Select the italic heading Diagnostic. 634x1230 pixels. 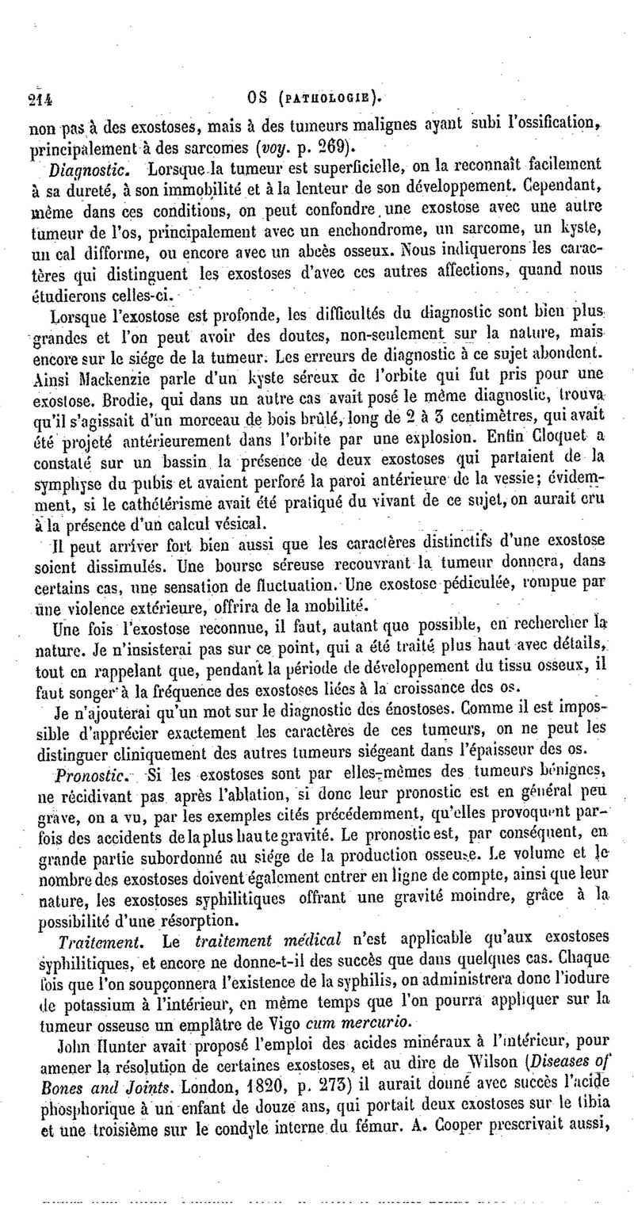coord(82,170)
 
